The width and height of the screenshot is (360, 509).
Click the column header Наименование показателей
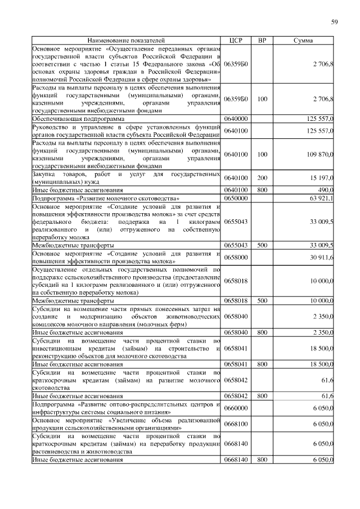pyautogui.click(x=127, y=41)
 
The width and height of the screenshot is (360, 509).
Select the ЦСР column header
pyautogui.click(x=236, y=41)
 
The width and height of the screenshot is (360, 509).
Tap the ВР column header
pyautogui.click(x=262, y=41)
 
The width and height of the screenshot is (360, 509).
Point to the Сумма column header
pyautogui.click(x=304, y=41)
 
